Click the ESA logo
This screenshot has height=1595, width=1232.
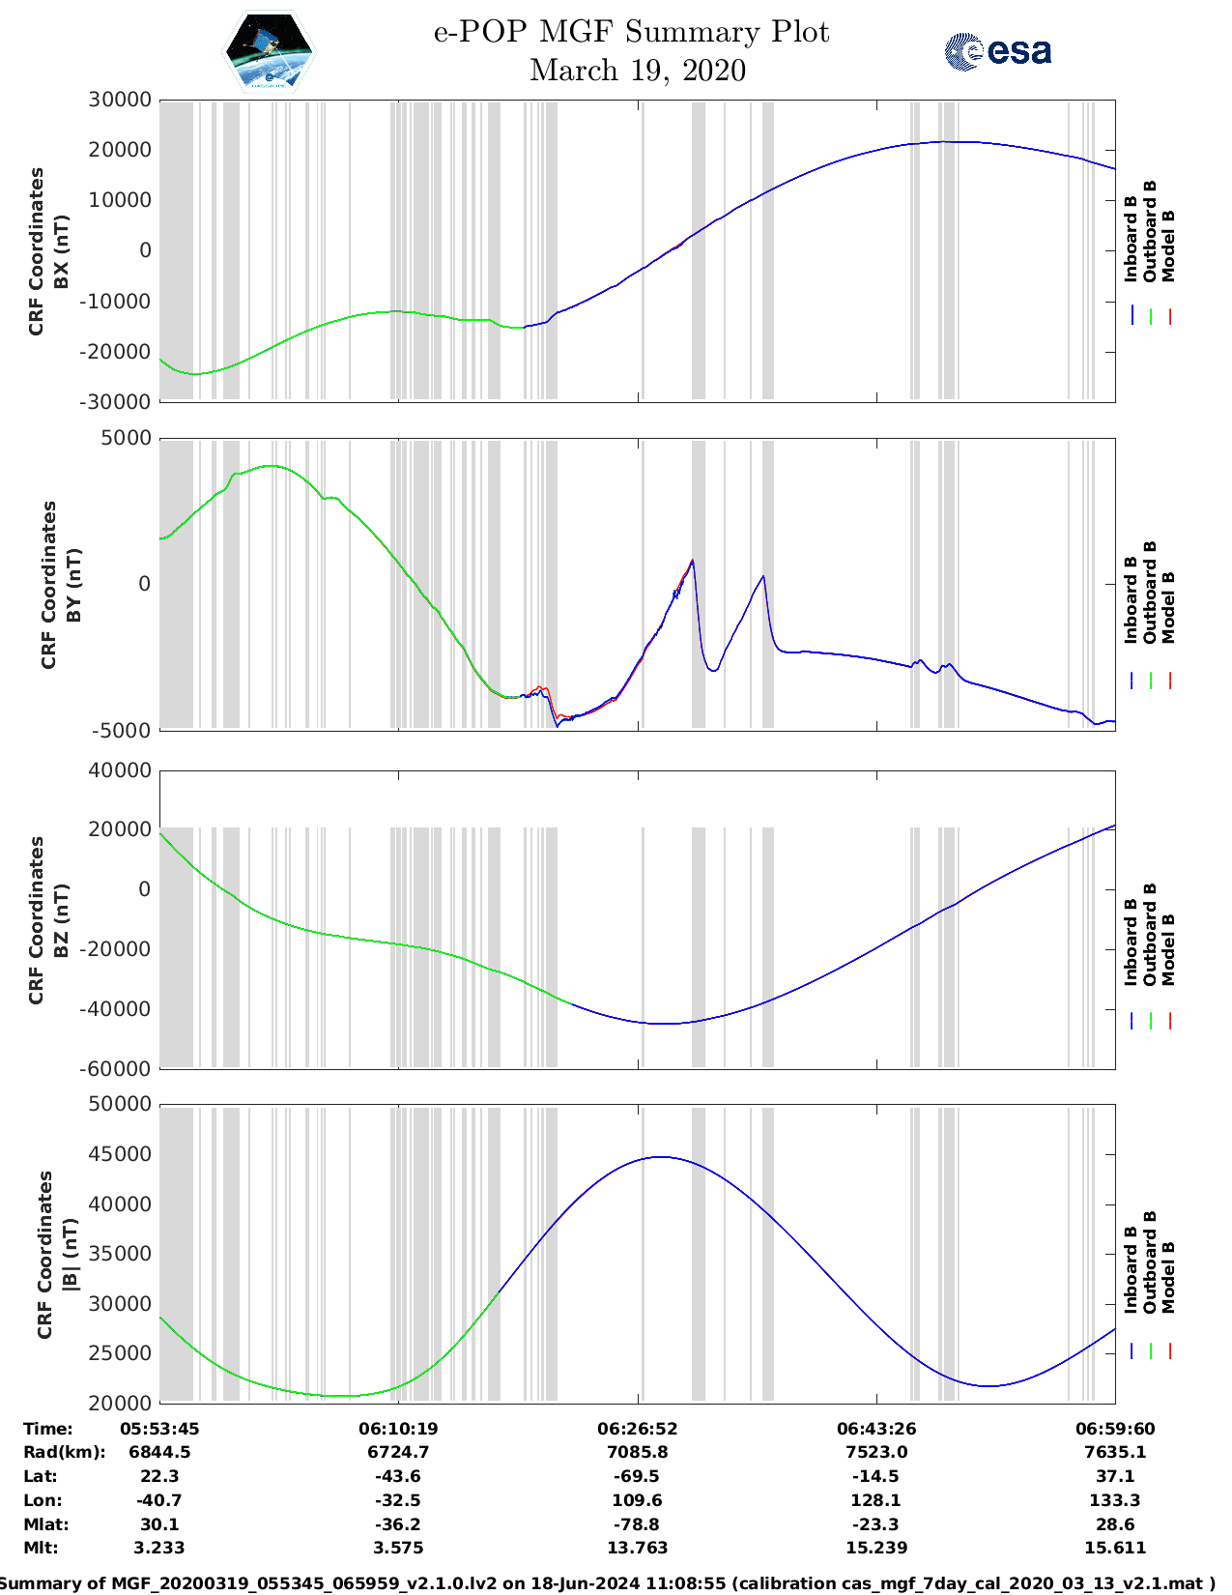pos(997,51)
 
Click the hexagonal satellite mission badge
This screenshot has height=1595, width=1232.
pos(269,51)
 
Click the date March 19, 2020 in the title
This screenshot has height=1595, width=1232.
pos(638,71)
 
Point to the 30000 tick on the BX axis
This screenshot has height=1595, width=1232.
pos(120,100)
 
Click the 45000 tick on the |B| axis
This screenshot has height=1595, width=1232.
pos(120,1154)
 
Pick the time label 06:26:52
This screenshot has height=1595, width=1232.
pos(638,1429)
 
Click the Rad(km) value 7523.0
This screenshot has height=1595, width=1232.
pos(876,1452)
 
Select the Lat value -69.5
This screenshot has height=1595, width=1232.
pos(638,1476)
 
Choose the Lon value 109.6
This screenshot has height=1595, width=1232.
pos(638,1500)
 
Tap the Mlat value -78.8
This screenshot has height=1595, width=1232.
pos(638,1524)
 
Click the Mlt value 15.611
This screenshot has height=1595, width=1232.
pos(1115,1548)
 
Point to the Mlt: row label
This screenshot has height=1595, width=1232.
pos(41,1548)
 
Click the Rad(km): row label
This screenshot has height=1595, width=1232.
pos(64,1452)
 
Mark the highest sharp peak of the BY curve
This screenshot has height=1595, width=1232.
pos(693,561)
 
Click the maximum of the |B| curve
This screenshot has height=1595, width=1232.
pos(660,1157)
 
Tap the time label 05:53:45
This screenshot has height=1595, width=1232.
pos(159,1429)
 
